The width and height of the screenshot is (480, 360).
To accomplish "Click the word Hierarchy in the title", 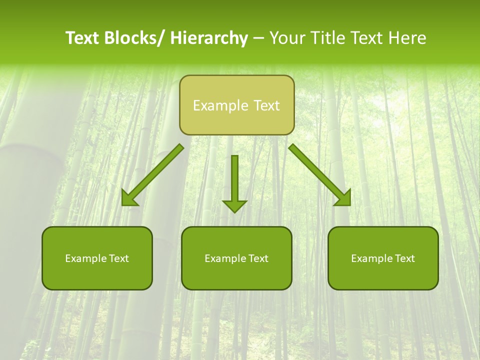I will (x=209, y=38).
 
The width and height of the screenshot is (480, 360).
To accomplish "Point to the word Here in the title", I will (x=408, y=38).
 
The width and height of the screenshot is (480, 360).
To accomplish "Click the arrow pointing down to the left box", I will (x=152, y=175).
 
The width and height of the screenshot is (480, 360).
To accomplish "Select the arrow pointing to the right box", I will (x=320, y=175).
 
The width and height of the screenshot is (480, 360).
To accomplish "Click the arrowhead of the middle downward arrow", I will (x=234, y=206).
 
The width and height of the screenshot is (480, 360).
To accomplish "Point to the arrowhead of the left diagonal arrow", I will (x=129, y=199).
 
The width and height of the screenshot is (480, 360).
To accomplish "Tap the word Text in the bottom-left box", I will (x=119, y=258).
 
